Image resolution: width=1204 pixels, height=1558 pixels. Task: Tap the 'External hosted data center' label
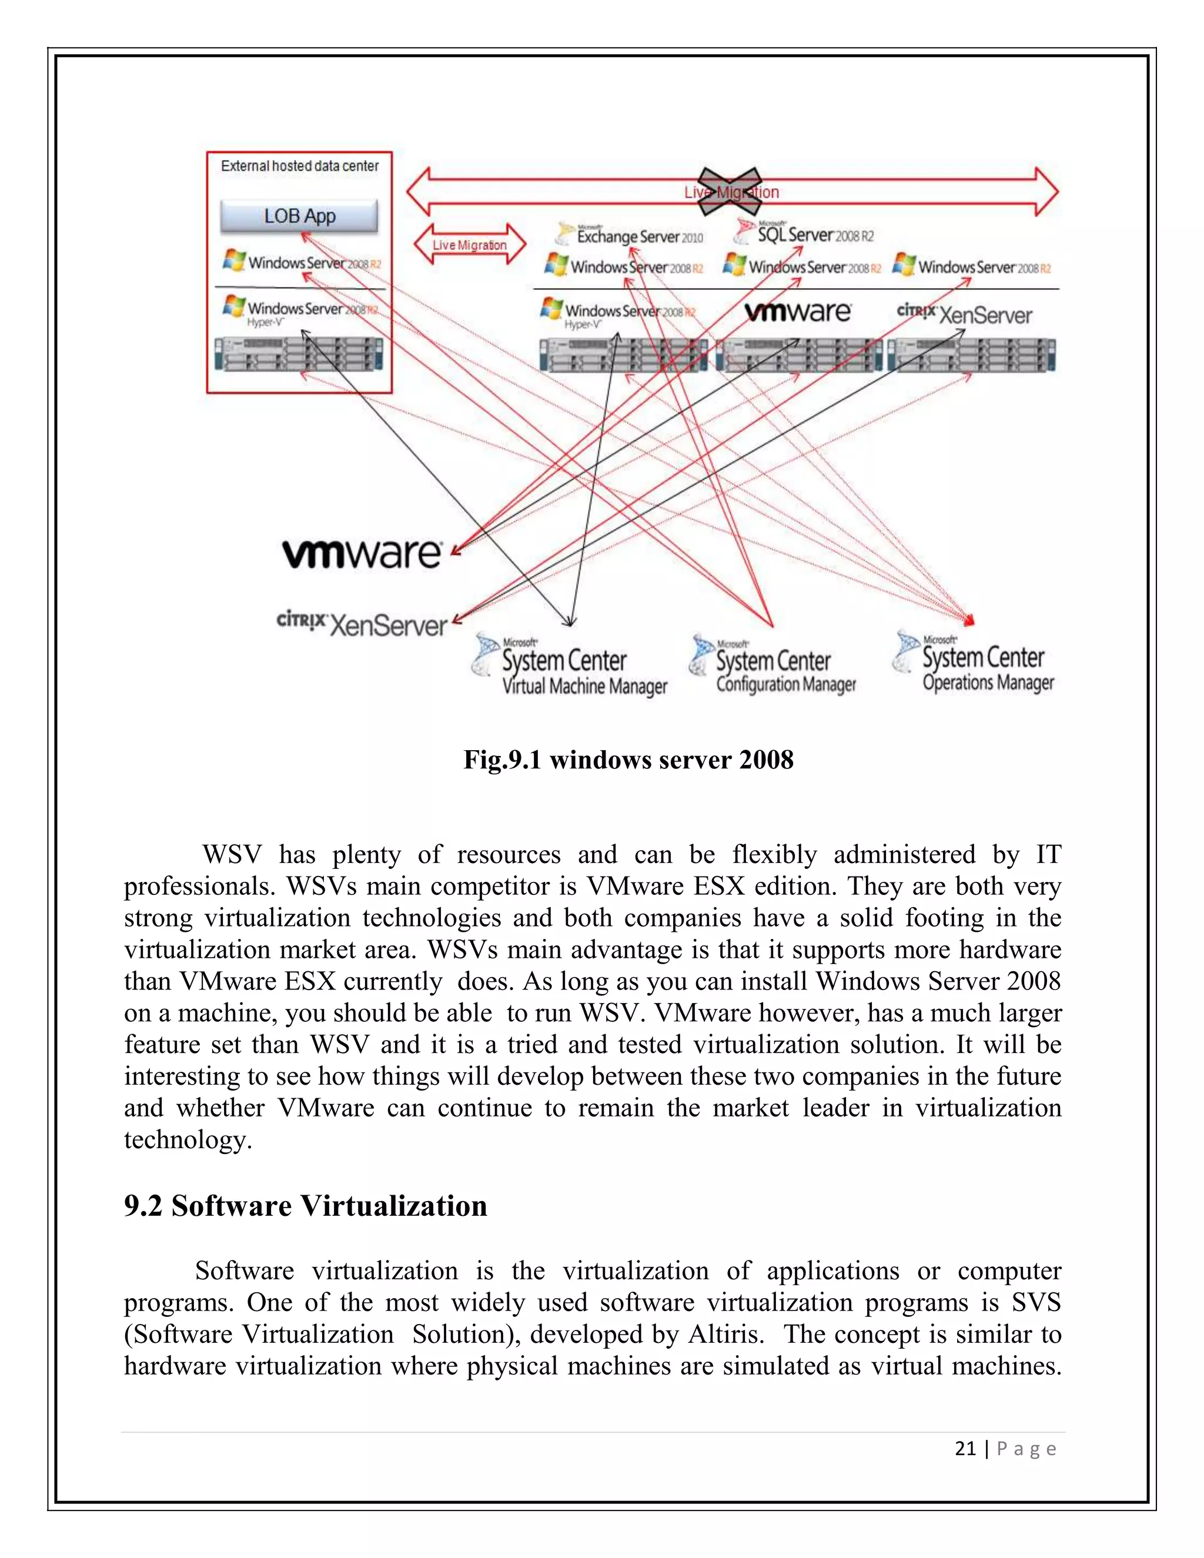point(300,166)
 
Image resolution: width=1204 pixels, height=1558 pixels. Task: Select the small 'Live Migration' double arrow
point(469,245)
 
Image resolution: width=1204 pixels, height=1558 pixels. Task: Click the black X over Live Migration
point(729,191)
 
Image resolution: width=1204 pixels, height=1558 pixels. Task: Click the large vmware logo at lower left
point(362,553)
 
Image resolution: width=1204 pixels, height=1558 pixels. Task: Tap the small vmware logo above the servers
point(797,312)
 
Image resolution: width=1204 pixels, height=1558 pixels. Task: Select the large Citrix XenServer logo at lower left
point(362,623)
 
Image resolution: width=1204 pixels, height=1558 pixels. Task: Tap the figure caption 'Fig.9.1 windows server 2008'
point(628,760)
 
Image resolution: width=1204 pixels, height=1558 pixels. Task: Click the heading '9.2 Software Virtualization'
point(305,1206)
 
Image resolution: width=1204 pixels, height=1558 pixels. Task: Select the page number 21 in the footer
point(965,1448)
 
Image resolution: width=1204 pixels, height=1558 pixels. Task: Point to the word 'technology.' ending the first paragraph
point(188,1139)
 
